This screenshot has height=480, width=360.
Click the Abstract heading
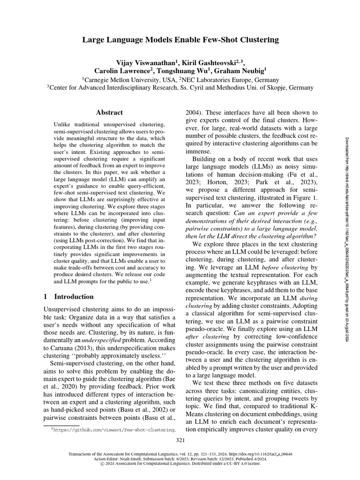tap(109, 112)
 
